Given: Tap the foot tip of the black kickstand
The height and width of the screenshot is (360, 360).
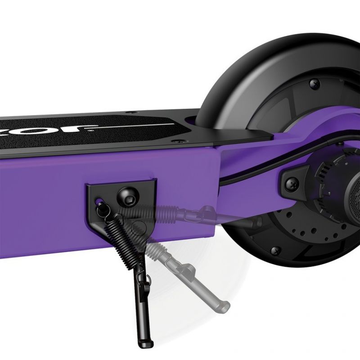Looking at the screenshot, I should point(144,344).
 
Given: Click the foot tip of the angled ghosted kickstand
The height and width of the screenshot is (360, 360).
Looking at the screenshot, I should point(223,307).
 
